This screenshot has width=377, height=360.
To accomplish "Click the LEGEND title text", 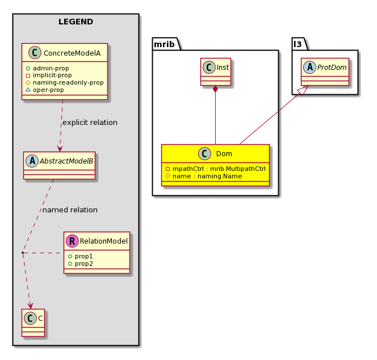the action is click(76, 22).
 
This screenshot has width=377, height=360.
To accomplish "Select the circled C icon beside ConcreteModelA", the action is click(35, 53).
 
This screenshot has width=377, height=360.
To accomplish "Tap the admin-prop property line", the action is click(47, 68).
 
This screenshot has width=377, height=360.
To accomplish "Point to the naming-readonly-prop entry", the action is click(65, 82).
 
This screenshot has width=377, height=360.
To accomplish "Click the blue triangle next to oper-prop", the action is click(28, 90).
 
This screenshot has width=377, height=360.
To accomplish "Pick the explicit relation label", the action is click(90, 123).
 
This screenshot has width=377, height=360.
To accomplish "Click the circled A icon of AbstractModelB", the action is click(32, 161).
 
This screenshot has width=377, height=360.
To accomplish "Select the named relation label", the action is click(70, 210).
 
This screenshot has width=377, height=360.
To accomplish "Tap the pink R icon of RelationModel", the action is click(72, 241).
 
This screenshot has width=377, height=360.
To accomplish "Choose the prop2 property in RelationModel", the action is click(81, 264).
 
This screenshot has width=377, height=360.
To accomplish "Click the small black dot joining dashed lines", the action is click(23, 253).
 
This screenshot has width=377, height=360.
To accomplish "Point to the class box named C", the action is click(33, 323).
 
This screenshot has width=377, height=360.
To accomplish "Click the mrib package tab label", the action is click(164, 44).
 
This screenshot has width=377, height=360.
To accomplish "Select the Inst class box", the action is click(216, 72).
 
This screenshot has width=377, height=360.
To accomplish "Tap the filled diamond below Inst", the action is click(215, 89).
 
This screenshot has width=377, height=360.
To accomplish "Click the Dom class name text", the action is click(224, 154).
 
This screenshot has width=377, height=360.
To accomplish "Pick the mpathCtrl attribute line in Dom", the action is click(216, 169).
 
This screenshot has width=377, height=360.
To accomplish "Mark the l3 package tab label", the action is click(298, 44).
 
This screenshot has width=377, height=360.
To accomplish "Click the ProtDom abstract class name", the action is click(332, 68).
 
